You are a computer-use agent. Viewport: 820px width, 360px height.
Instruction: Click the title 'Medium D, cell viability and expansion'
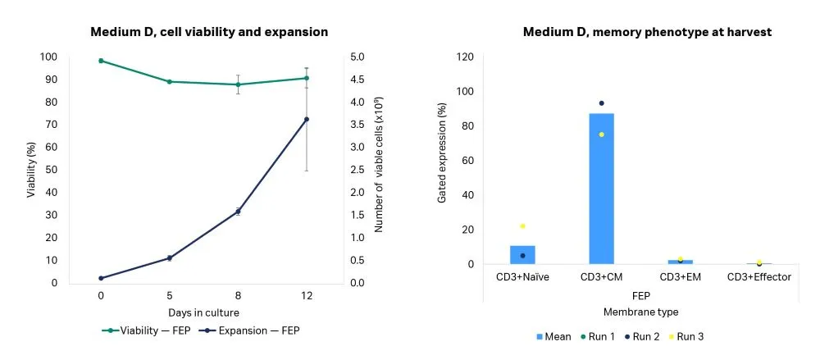pos(208,32)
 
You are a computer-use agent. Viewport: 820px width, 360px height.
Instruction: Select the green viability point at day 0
pos(101,61)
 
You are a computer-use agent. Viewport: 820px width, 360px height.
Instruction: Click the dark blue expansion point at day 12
pos(307,119)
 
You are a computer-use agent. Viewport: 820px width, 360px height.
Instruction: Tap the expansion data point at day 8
pos(238,212)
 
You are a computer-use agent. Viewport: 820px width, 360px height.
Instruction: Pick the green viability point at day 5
pos(169,81)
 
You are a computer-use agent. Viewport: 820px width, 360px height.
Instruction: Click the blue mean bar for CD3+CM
pos(601,189)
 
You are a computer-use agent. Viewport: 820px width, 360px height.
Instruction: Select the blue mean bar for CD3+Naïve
pos(522,255)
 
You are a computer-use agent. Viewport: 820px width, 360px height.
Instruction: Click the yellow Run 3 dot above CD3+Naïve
pos(522,226)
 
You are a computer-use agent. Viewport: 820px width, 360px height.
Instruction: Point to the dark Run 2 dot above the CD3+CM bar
pos(601,103)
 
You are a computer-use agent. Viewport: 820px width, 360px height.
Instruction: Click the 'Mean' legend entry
pos(555,336)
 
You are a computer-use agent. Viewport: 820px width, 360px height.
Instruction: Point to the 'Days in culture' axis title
pos(204,312)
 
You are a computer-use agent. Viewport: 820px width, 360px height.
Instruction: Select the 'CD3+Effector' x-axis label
pos(758,277)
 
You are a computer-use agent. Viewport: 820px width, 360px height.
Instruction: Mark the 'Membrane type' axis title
pos(640,312)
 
